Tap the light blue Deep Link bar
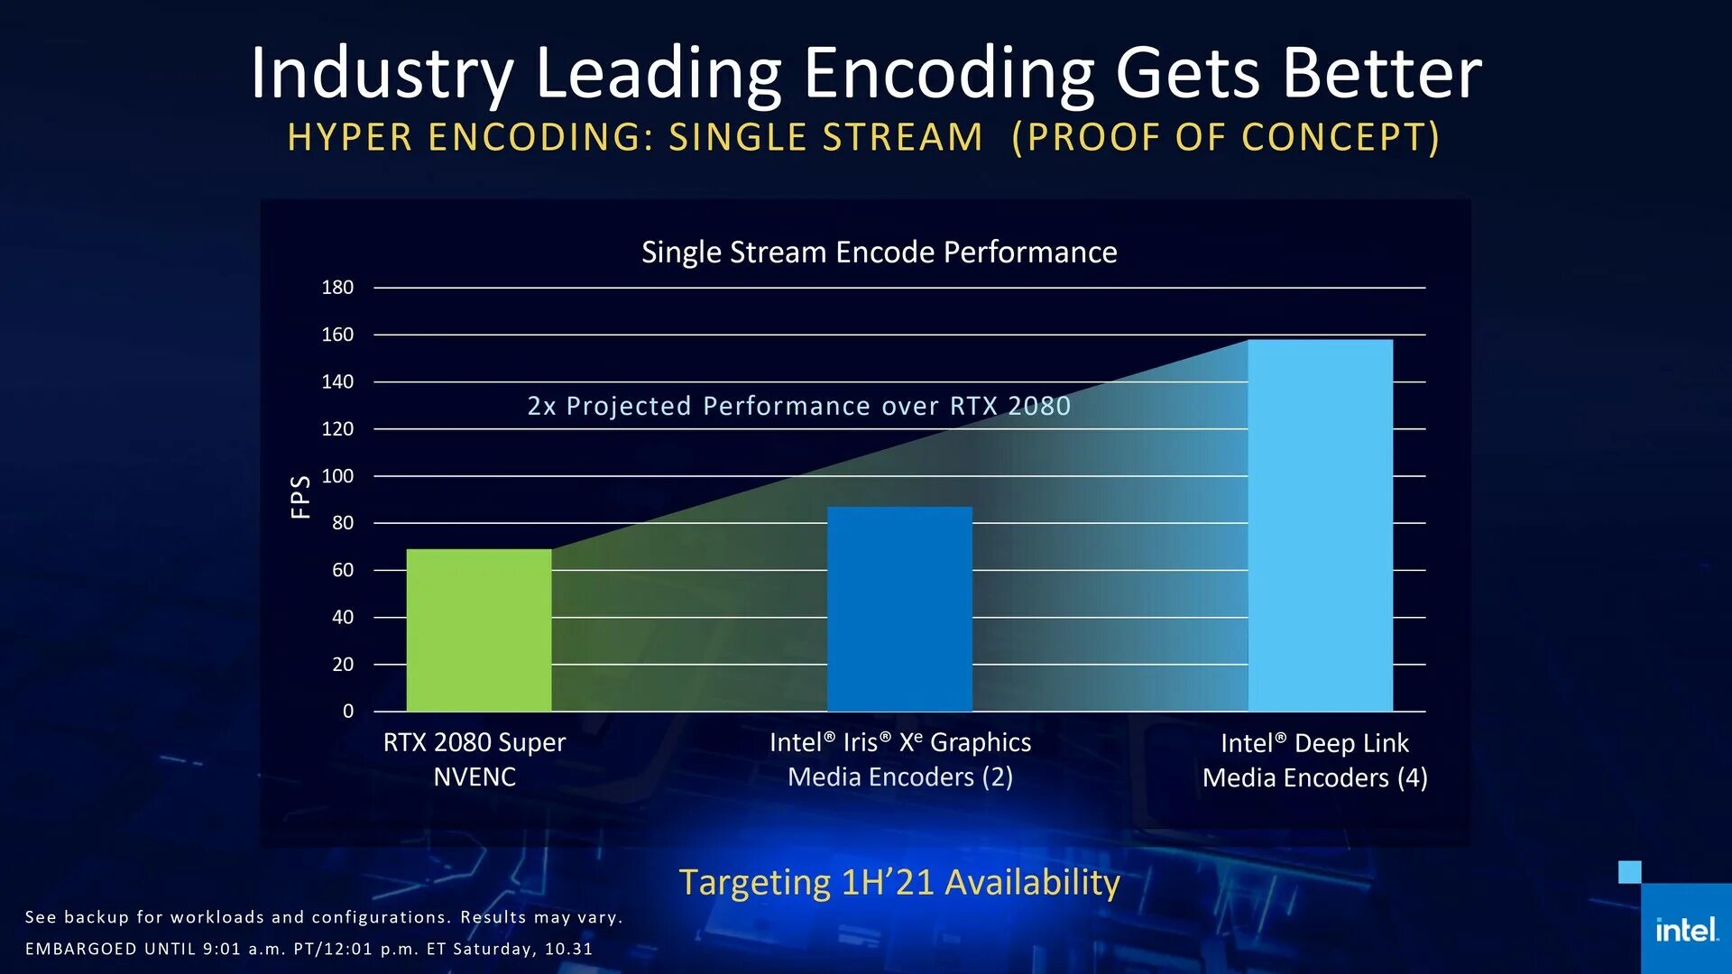point(1320,525)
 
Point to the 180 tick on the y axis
point(337,288)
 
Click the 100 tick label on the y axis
point(337,476)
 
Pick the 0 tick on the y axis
point(348,712)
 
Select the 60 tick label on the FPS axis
point(343,570)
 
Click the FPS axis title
point(300,497)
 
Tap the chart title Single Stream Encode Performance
point(879,253)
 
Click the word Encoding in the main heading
point(948,74)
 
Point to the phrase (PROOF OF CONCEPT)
point(1225,138)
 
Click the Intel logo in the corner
point(1685,930)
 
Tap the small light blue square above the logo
point(1629,872)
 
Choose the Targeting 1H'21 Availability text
point(898,882)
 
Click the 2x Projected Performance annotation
point(798,407)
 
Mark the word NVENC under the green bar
point(474,777)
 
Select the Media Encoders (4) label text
point(1314,778)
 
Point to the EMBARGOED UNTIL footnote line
point(309,949)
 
